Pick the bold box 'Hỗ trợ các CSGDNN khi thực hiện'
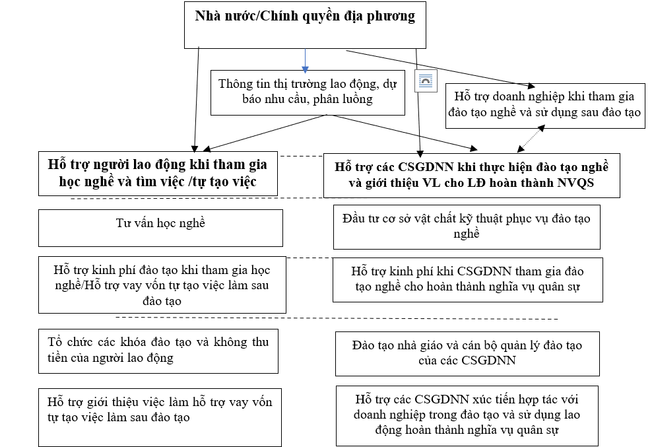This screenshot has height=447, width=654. [471, 175]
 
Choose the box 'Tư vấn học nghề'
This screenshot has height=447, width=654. [160, 227]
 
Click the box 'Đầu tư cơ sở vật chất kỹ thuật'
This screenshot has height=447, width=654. [467, 226]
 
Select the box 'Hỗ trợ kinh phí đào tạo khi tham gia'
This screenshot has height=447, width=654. [162, 285]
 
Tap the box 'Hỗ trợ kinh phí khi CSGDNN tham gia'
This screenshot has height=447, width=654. [467, 280]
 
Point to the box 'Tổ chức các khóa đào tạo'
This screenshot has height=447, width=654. [159, 350]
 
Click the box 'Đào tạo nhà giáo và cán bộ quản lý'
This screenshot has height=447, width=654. [467, 353]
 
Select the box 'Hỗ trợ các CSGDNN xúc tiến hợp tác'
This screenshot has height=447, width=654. [467, 415]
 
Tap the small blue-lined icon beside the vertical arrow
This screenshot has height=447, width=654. [425, 81]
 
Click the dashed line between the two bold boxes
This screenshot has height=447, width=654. [300, 156]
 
